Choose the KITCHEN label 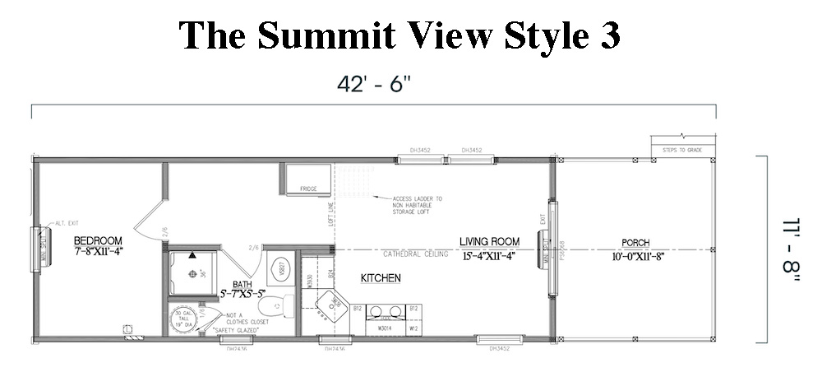[381, 278]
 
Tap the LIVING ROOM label [489, 241]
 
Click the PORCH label [635, 243]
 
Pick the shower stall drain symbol [193, 254]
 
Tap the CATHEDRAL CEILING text [415, 254]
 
